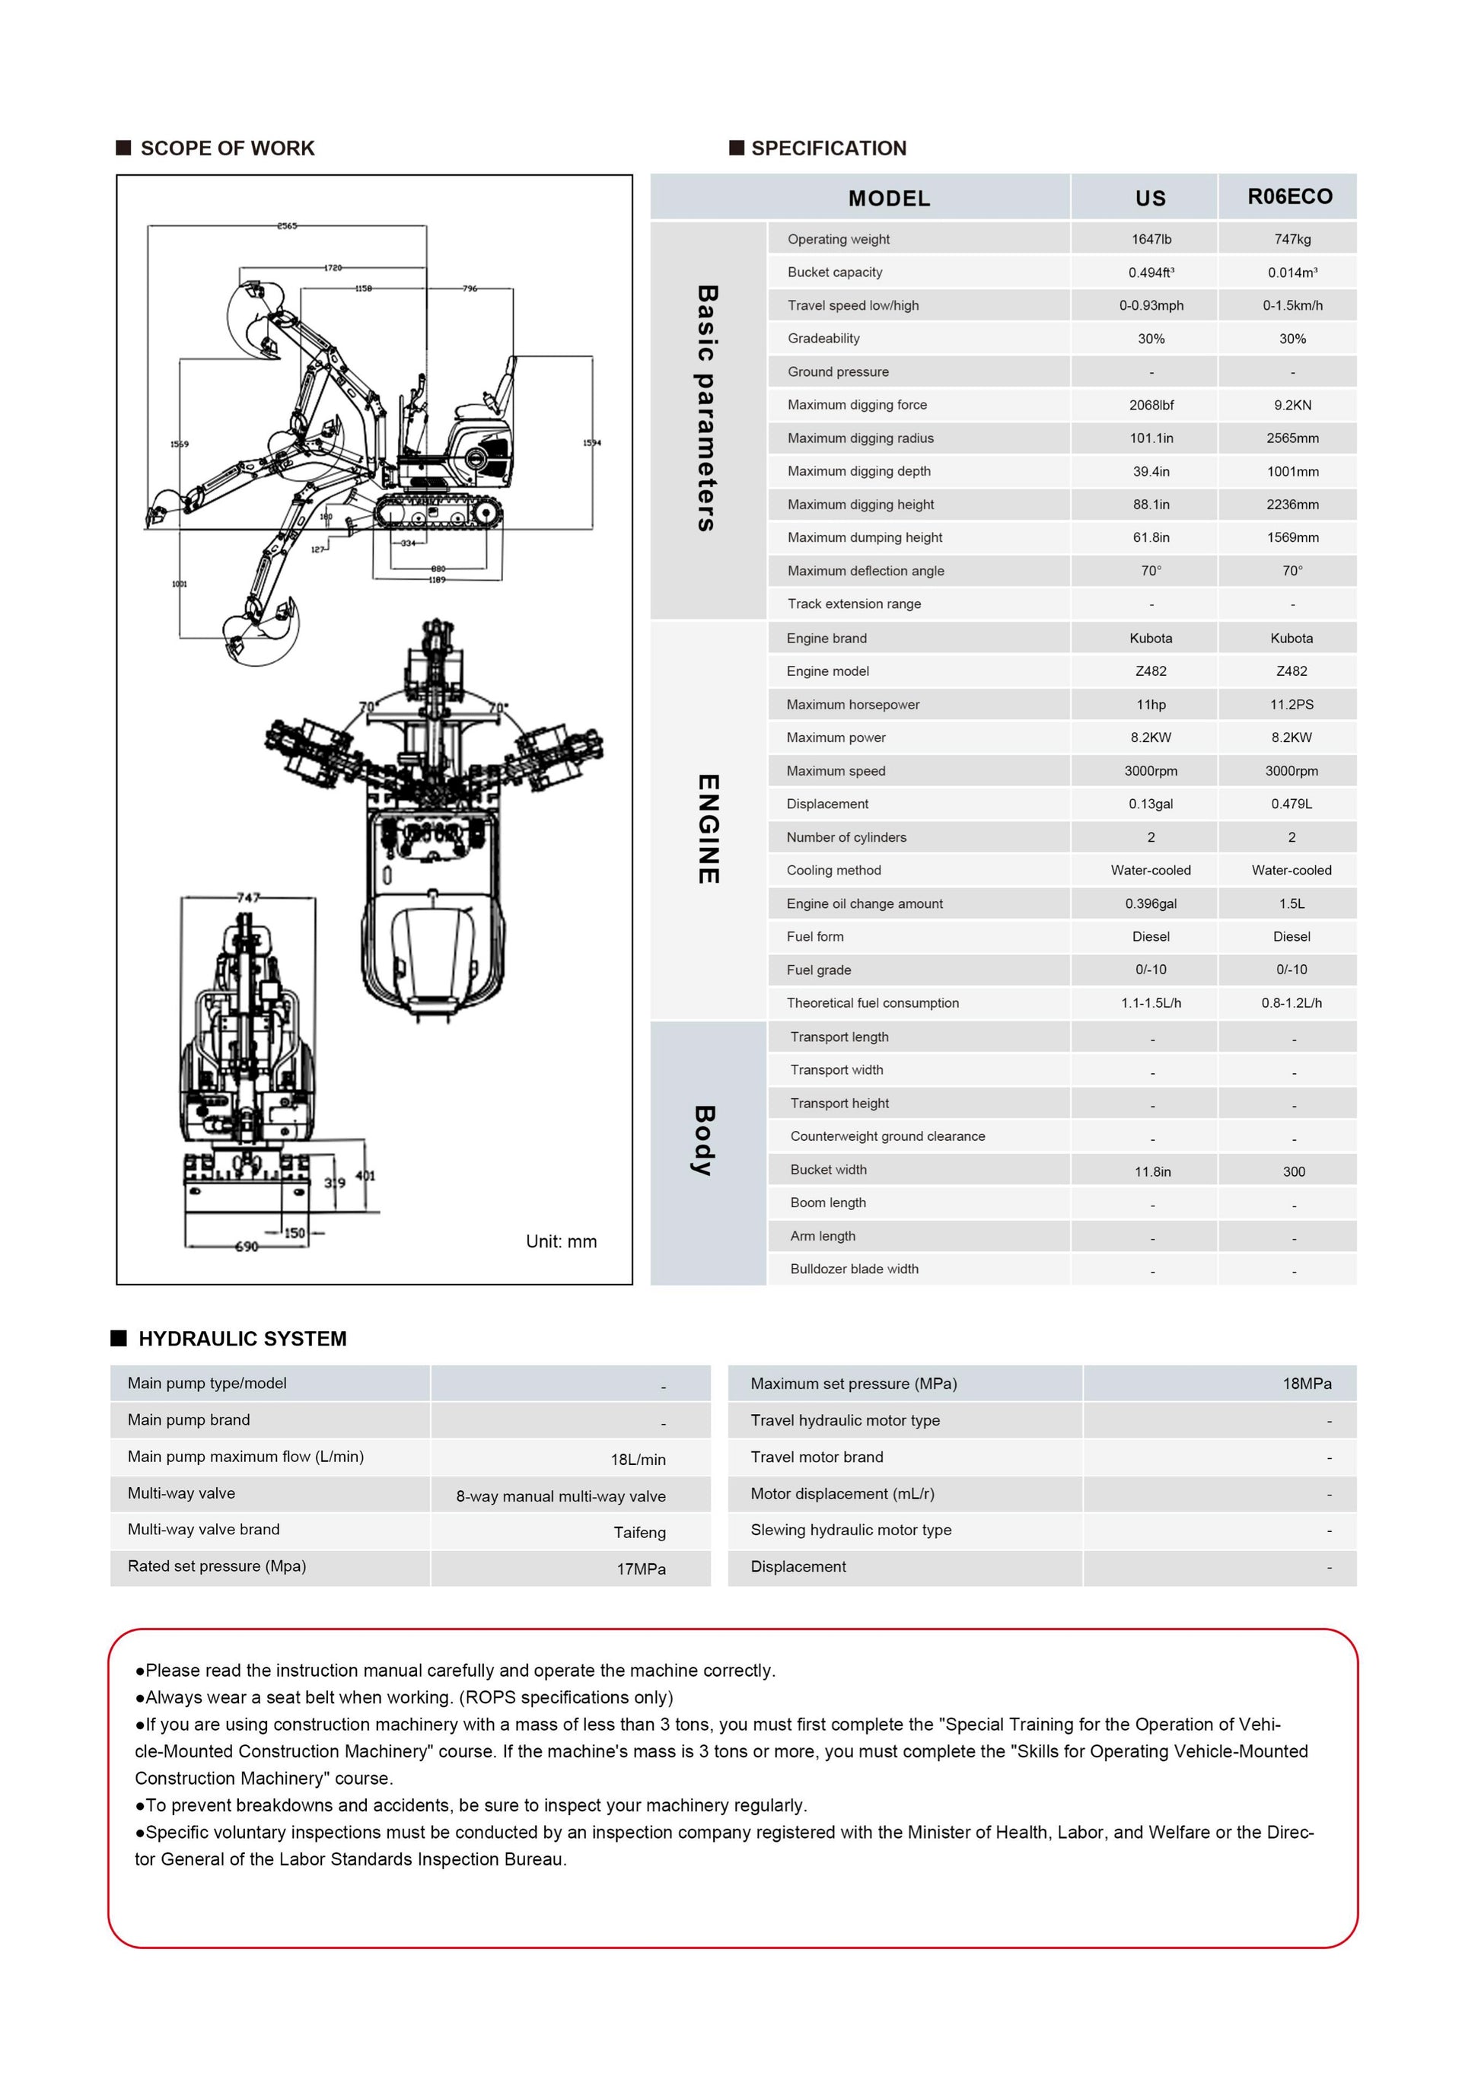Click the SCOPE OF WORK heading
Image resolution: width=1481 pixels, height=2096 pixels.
227,148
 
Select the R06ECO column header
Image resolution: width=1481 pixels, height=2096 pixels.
1289,196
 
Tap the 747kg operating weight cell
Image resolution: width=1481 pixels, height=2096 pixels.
1292,239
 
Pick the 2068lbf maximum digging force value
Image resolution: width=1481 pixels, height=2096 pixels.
1151,404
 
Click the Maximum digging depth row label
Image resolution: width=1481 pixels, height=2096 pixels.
858,471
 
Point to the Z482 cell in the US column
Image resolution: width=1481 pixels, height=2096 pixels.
1151,671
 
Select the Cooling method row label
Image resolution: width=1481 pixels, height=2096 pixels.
833,870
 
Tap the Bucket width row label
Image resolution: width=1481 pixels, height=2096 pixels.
828,1170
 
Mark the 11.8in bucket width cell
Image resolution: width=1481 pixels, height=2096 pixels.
1152,1171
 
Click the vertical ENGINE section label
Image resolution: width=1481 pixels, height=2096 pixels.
708,829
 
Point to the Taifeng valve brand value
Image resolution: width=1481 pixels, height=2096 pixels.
639,1533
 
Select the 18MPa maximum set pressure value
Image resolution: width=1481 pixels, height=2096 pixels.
1306,1383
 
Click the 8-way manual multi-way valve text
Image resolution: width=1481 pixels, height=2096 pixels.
561,1496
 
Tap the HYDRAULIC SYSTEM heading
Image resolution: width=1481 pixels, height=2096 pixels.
242,1338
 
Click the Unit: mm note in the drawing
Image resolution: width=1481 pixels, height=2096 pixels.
561,1241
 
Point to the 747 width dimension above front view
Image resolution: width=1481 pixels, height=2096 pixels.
247,897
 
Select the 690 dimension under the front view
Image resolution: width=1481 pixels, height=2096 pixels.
246,1246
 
